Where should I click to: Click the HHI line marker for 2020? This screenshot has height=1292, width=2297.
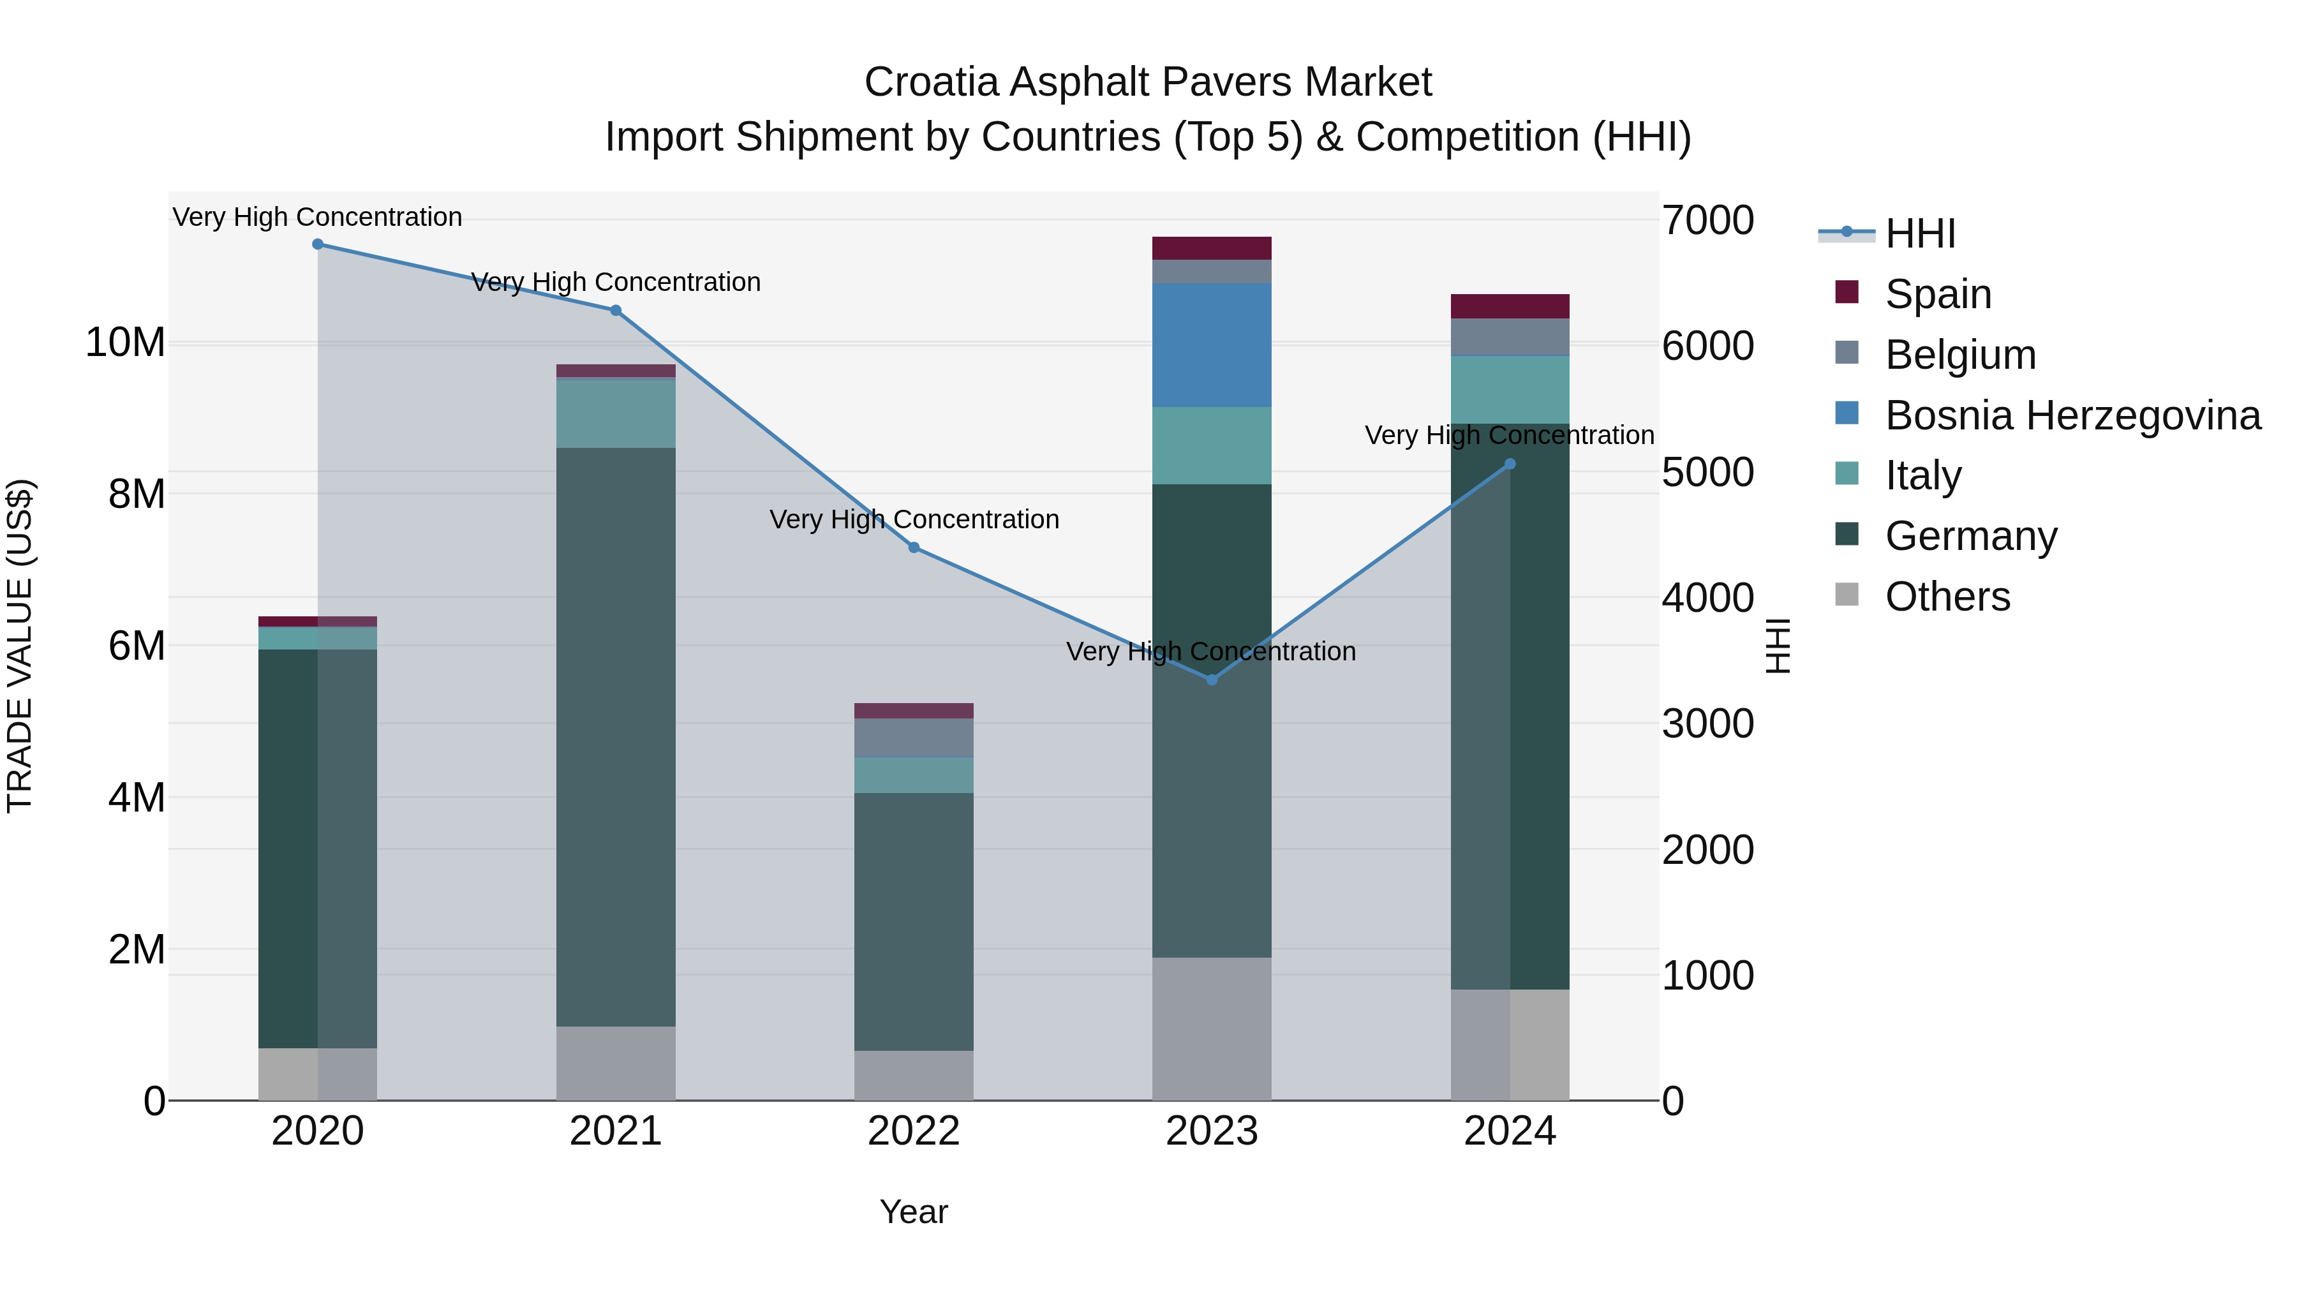tap(318, 244)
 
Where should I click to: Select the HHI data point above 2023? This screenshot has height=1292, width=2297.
tap(1212, 680)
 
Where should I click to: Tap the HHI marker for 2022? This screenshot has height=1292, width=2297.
tap(914, 547)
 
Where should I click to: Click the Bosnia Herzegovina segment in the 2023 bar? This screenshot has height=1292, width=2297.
tap(1212, 345)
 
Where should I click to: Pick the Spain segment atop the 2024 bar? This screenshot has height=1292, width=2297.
tap(1510, 306)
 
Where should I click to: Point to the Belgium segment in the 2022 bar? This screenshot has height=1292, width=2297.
tap(914, 738)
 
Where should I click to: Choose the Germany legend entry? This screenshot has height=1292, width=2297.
tap(1971, 536)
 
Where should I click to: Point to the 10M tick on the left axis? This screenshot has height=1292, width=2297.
tap(126, 343)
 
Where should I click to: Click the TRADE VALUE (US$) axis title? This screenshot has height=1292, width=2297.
tap(20, 646)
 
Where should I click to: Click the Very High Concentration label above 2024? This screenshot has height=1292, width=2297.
tap(1509, 435)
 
